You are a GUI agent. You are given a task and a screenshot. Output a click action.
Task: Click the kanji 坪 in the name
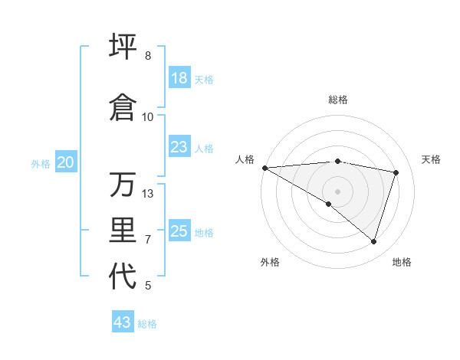(123, 47)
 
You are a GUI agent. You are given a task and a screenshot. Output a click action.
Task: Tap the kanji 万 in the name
(123, 185)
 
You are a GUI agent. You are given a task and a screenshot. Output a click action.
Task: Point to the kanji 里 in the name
(123, 231)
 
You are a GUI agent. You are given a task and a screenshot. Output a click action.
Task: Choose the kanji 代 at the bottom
(123, 277)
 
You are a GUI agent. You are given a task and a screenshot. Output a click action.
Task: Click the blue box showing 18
(179, 78)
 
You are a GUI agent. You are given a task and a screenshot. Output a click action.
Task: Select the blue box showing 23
(179, 147)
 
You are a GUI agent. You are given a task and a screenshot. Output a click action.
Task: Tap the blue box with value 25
(179, 231)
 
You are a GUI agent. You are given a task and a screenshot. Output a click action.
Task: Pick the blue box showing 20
(66, 162)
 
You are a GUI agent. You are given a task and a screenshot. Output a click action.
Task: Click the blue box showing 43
(123, 322)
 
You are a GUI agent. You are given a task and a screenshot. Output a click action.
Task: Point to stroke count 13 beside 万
(148, 194)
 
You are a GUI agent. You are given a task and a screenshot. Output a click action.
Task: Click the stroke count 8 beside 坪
(148, 56)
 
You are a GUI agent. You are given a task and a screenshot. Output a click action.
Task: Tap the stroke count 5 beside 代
(148, 286)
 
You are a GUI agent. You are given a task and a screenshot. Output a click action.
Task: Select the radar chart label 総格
(338, 100)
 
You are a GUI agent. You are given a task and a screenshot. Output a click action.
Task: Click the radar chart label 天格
(432, 159)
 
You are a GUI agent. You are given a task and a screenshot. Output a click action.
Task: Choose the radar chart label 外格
(270, 262)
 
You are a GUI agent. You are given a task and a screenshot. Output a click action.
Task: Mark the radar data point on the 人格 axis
(264, 167)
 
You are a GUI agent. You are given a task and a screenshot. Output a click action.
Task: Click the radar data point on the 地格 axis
(374, 241)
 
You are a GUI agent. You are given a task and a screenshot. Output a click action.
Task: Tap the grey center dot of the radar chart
(337, 190)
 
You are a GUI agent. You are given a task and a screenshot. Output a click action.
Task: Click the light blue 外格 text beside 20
(41, 163)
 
